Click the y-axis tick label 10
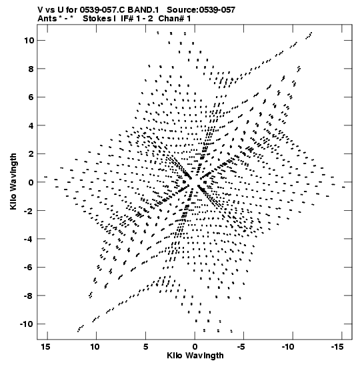click(x=29, y=41)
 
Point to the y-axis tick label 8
click(x=31, y=69)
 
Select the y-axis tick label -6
click(x=29, y=267)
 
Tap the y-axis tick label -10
click(x=27, y=324)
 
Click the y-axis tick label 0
click(x=31, y=182)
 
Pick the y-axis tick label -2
click(x=29, y=211)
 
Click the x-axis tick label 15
click(x=45, y=347)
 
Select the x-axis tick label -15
click(x=337, y=347)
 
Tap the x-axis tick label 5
click(x=145, y=347)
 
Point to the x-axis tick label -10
click(x=288, y=347)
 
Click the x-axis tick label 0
click(x=195, y=347)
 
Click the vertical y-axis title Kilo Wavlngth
click(x=13, y=181)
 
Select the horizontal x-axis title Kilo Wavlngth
click(x=195, y=356)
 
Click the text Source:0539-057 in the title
click(x=201, y=10)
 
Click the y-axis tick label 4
click(x=31, y=125)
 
